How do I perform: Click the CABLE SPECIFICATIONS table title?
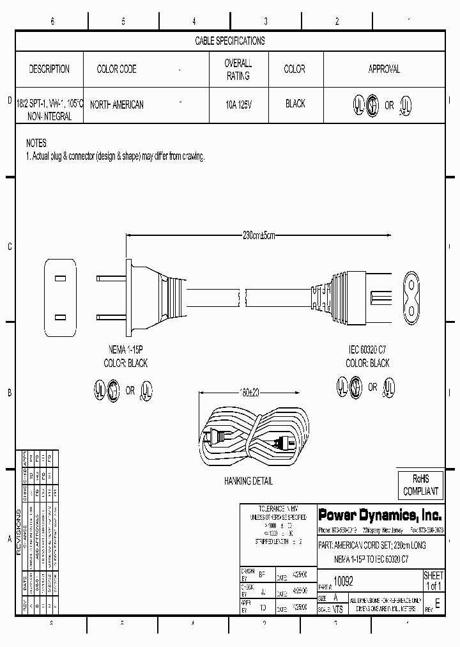(x=229, y=41)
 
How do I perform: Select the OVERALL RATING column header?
(x=238, y=70)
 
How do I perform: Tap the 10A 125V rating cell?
(x=238, y=104)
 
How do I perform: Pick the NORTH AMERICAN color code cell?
(x=117, y=104)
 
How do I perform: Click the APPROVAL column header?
(x=384, y=69)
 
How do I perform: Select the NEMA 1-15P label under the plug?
(x=125, y=350)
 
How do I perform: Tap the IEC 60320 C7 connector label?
(x=367, y=350)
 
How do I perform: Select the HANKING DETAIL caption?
(x=249, y=481)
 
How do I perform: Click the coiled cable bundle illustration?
(x=254, y=441)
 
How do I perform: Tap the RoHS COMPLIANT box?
(x=420, y=485)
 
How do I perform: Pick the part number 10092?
(x=344, y=582)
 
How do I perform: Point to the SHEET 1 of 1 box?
(x=433, y=581)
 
